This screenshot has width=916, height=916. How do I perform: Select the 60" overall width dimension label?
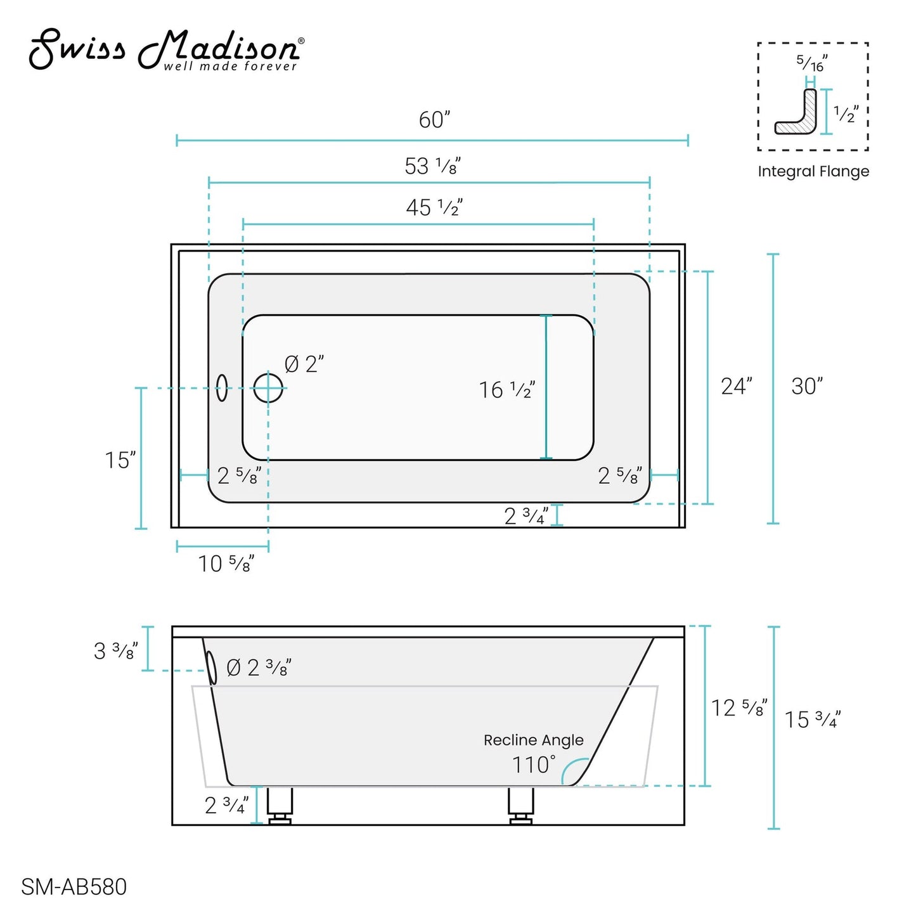[x=434, y=120]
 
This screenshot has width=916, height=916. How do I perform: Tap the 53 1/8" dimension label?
[x=432, y=167]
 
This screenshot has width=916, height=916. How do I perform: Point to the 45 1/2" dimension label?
[x=434, y=207]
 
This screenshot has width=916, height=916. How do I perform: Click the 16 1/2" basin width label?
[x=506, y=390]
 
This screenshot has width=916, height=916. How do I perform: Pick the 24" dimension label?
[x=736, y=386]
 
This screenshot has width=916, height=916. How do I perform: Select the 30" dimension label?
[x=806, y=386]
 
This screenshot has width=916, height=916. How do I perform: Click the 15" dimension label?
[x=120, y=460]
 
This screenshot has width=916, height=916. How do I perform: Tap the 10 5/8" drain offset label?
[x=226, y=564]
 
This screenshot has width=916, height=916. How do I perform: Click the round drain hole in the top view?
[x=268, y=388]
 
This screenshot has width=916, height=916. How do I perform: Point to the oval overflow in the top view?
[x=222, y=388]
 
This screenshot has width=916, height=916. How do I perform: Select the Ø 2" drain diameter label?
[x=304, y=364]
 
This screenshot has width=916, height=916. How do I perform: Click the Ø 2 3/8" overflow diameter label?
[x=258, y=668]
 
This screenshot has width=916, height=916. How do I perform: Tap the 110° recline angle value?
[x=533, y=764]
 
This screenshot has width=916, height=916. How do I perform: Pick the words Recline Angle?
[x=533, y=740]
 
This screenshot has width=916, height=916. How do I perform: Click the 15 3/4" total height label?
[x=812, y=719]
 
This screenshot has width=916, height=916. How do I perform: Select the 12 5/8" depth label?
[x=739, y=708]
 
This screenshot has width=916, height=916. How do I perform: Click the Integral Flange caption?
[x=813, y=171]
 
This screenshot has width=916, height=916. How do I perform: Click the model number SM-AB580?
[x=74, y=887]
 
